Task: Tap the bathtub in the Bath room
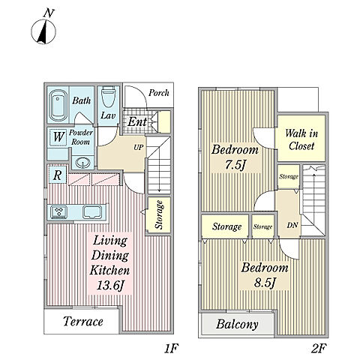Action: (58, 105)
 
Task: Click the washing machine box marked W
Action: (58, 136)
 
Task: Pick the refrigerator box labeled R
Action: (57, 175)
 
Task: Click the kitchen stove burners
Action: (59, 212)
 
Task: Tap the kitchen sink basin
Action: (92, 212)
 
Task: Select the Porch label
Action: (159, 93)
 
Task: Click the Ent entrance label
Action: (137, 122)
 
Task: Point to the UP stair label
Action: (139, 148)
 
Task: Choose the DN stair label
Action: (292, 225)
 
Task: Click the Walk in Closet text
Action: (301, 139)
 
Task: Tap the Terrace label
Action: (83, 321)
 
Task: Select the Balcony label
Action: (237, 324)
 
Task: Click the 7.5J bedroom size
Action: (235, 165)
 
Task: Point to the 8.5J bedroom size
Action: (265, 283)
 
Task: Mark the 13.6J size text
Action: (110, 285)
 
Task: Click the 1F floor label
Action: (171, 348)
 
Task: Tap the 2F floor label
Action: (319, 348)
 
